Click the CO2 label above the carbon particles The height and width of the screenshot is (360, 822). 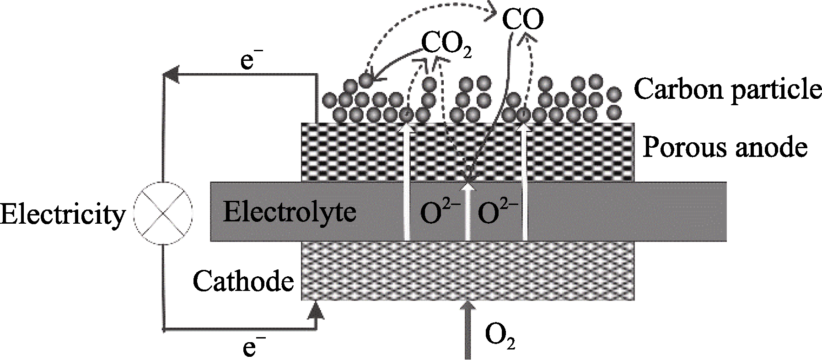point(446,45)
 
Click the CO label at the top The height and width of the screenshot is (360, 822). point(523,20)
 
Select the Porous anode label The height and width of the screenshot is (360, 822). point(725,148)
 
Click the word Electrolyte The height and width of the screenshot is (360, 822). point(290,212)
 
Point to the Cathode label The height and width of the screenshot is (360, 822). point(243,281)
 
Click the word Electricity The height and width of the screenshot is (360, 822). point(63,214)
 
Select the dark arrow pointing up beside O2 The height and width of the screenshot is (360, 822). point(467,329)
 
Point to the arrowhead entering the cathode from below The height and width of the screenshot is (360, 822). point(316,311)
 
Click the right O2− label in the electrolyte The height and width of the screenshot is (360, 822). point(498,213)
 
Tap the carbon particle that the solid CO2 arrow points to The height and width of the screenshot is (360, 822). point(365,81)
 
